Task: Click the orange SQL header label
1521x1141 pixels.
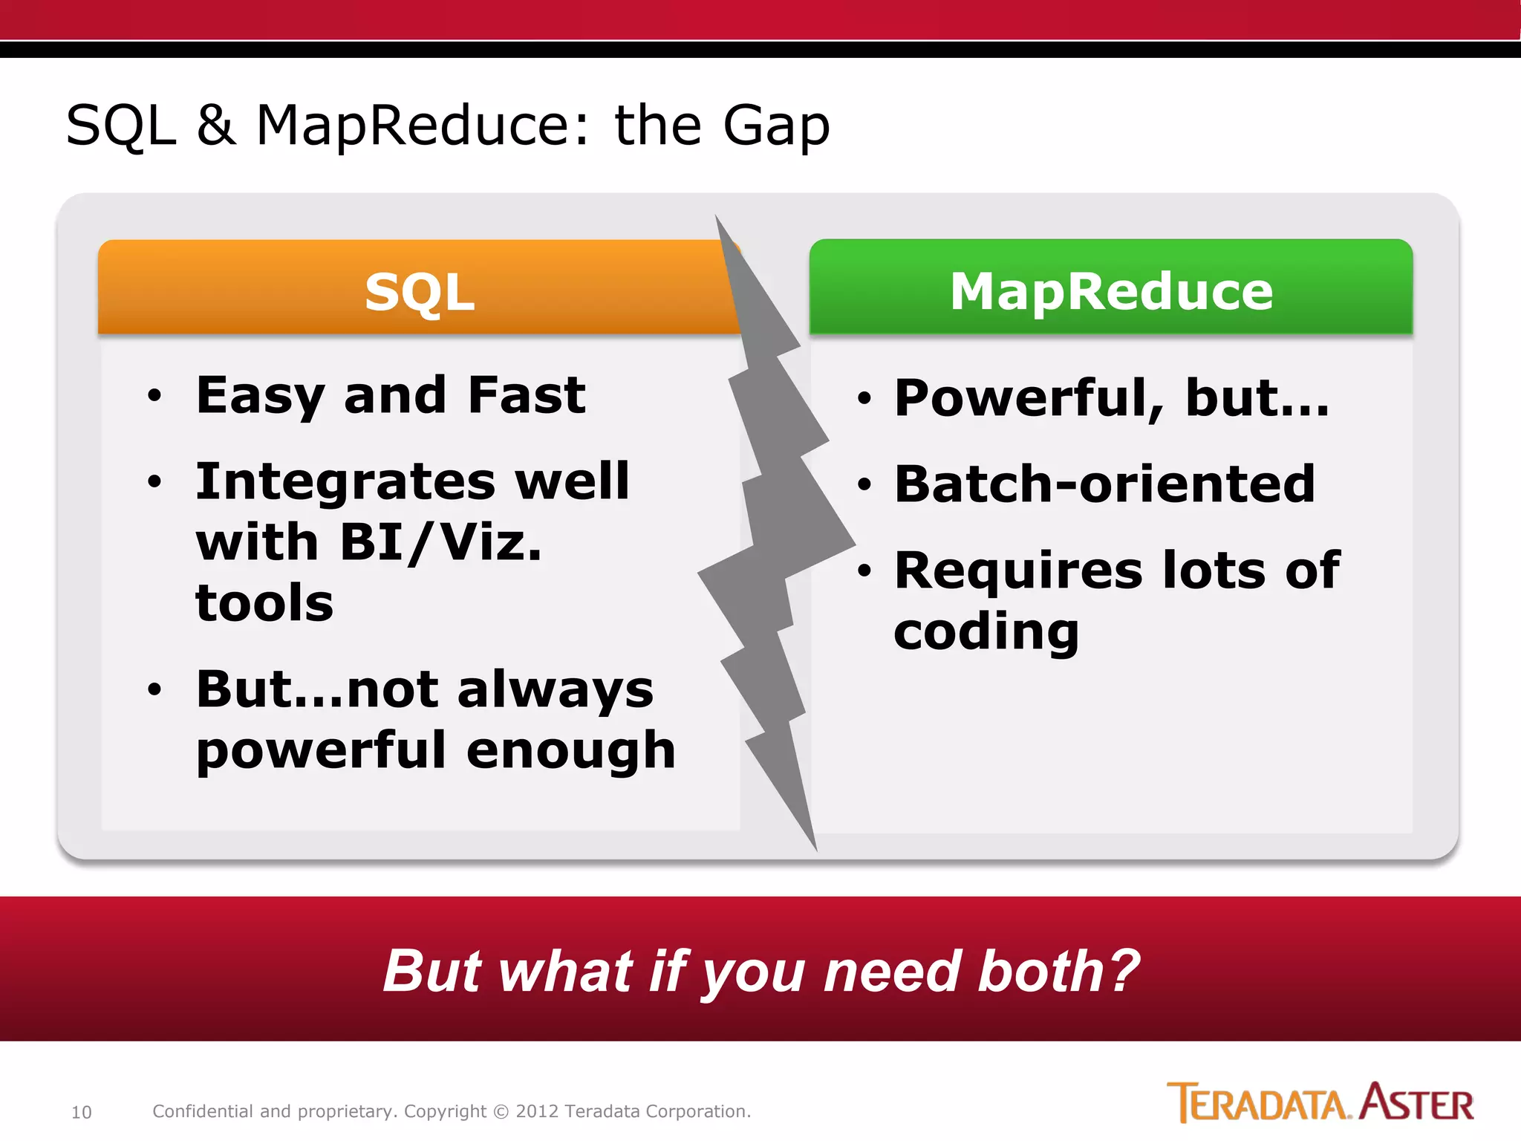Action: [x=420, y=292]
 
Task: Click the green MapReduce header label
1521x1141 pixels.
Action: [x=1111, y=291]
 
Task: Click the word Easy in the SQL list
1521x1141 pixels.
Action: [x=259, y=396]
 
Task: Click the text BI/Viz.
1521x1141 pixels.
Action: [x=441, y=542]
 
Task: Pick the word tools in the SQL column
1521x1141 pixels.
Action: [x=264, y=602]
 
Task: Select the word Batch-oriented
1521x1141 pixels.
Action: [x=1104, y=484]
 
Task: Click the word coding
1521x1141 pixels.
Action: [x=986, y=632]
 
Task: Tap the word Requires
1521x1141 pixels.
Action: [x=1018, y=570]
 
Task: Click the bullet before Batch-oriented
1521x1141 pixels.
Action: [x=863, y=485]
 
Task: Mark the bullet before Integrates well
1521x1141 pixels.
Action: [x=154, y=481]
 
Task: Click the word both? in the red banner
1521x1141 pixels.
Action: [x=1058, y=971]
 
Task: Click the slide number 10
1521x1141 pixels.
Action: [x=81, y=1112]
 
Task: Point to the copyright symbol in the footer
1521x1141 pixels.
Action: [x=501, y=1112]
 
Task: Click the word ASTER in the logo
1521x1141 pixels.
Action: [x=1416, y=1103]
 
